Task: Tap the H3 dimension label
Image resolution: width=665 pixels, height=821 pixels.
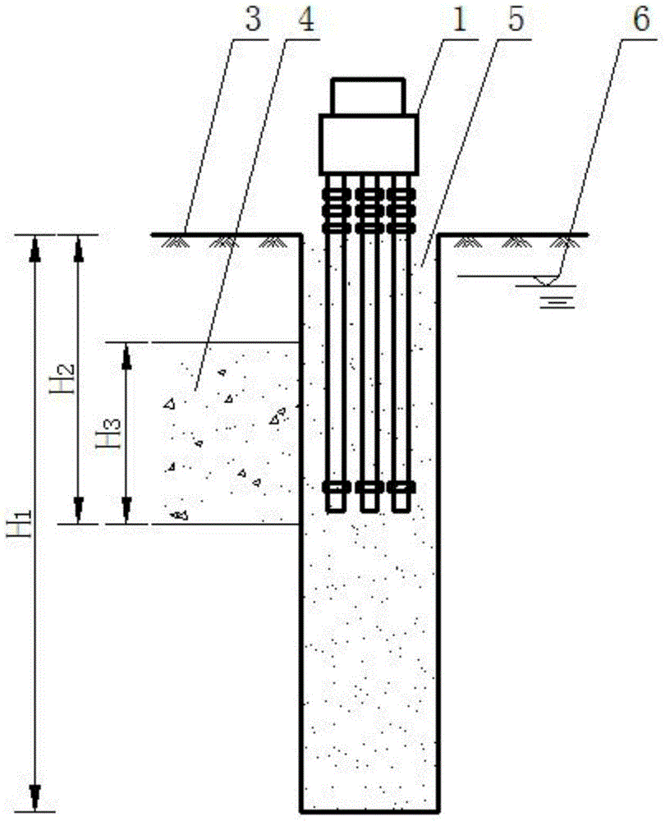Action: tap(109, 433)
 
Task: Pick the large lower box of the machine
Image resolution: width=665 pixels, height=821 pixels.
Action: tap(369, 144)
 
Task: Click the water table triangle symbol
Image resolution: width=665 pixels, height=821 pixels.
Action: tap(545, 280)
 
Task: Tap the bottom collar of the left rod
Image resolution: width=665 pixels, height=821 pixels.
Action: tap(337, 488)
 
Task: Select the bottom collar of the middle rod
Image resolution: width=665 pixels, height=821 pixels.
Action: tap(369, 488)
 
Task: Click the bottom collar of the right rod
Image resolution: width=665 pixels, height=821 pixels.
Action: tap(401, 488)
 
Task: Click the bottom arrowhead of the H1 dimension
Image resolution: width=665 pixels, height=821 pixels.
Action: tap(35, 800)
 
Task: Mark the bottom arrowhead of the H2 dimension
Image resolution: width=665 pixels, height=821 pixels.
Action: tap(79, 511)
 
